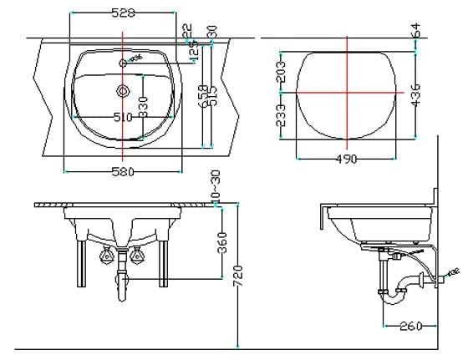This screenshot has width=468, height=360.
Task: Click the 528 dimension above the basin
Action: point(124,13)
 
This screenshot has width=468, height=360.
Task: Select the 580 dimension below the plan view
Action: point(124,173)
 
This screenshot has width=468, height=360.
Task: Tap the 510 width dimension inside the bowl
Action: point(123,118)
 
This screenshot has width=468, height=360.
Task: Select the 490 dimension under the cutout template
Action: point(346,159)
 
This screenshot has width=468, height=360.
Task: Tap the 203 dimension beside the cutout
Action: point(282,74)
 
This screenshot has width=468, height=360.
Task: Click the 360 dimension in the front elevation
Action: point(222,242)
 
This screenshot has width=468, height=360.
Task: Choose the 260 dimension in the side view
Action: point(410,326)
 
